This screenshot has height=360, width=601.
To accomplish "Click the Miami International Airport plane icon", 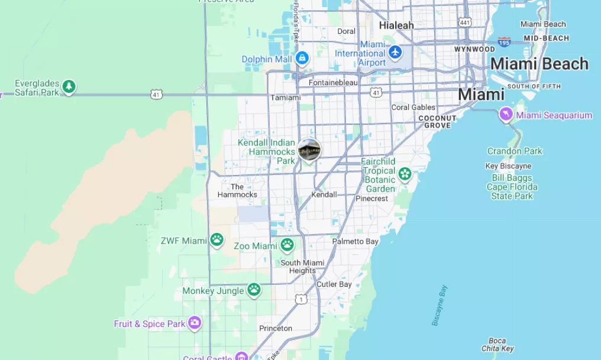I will pos(395,52).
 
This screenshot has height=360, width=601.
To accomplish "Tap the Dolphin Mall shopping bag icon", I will pos(302,58).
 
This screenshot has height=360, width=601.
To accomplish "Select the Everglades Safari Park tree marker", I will pos(69,87).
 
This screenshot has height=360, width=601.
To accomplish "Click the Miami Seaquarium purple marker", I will pos(506,114).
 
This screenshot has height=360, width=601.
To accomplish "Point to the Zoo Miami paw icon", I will pos(287,245).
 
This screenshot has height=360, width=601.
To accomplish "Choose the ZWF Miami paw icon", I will pos(217,240).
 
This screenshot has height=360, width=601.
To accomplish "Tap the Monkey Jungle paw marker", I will pos(254,290).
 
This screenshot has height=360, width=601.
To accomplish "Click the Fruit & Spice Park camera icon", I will pos(195,323).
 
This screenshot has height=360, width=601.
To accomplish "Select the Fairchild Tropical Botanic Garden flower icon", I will pos(405,174).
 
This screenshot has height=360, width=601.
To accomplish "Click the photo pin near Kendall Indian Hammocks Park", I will pos(309,150).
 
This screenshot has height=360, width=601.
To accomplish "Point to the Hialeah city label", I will pos(396,25).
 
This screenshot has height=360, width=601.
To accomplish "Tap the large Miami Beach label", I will pos(539,64).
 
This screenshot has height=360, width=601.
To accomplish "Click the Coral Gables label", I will pos(413,108).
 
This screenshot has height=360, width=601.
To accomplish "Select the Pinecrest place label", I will pos(371,199).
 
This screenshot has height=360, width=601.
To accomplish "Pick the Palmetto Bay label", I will pos(355,241).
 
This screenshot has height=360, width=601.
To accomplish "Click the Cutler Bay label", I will pos(334,284).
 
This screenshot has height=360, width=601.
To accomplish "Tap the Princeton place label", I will pos(276,328).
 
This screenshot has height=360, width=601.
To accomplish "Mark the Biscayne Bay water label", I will pos(440,306).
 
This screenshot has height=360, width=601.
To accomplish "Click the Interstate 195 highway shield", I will pos(504,41).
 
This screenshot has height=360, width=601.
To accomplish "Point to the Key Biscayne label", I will pos(508,166).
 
